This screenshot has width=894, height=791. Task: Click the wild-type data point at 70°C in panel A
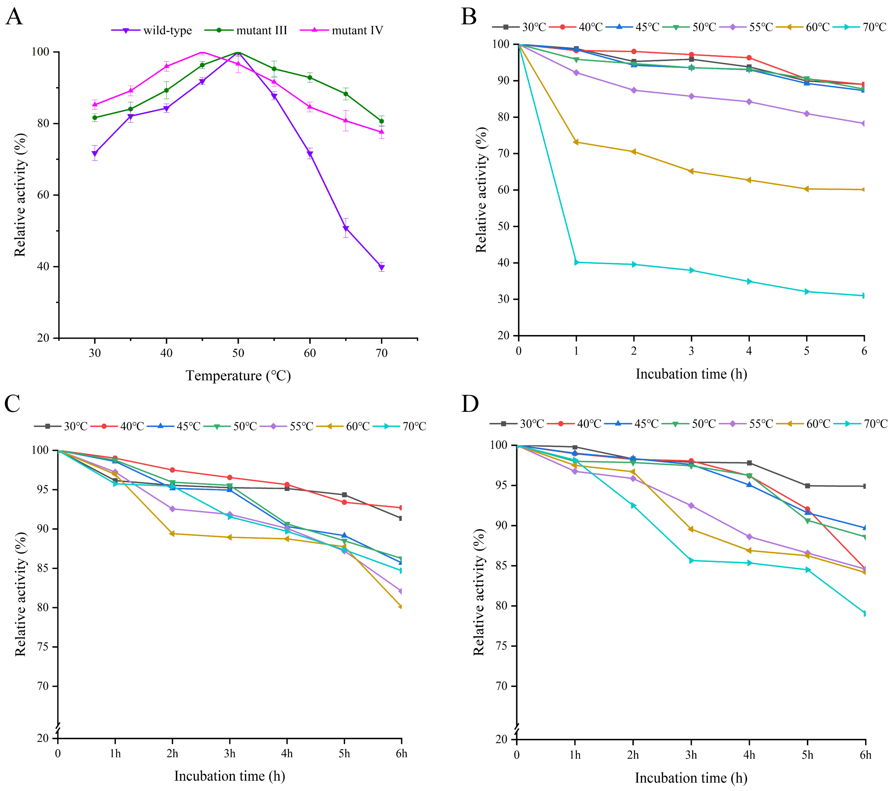tap(381, 267)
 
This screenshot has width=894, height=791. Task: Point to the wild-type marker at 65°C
tap(346, 228)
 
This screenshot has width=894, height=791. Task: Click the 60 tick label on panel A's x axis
tap(310, 353)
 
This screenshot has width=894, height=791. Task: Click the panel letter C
tap(12, 404)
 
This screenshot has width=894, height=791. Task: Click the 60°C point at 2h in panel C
tap(172, 534)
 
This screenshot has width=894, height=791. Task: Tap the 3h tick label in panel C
tap(230, 753)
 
